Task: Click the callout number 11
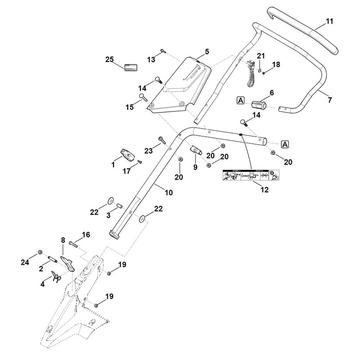click(329, 21)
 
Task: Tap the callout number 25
click(109, 59)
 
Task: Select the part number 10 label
click(169, 193)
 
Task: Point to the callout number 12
click(265, 190)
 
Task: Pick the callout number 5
click(207, 51)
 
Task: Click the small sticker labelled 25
click(131, 67)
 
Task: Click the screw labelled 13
click(163, 51)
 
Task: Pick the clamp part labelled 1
click(127, 154)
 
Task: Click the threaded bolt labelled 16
click(73, 244)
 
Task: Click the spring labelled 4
click(56, 275)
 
